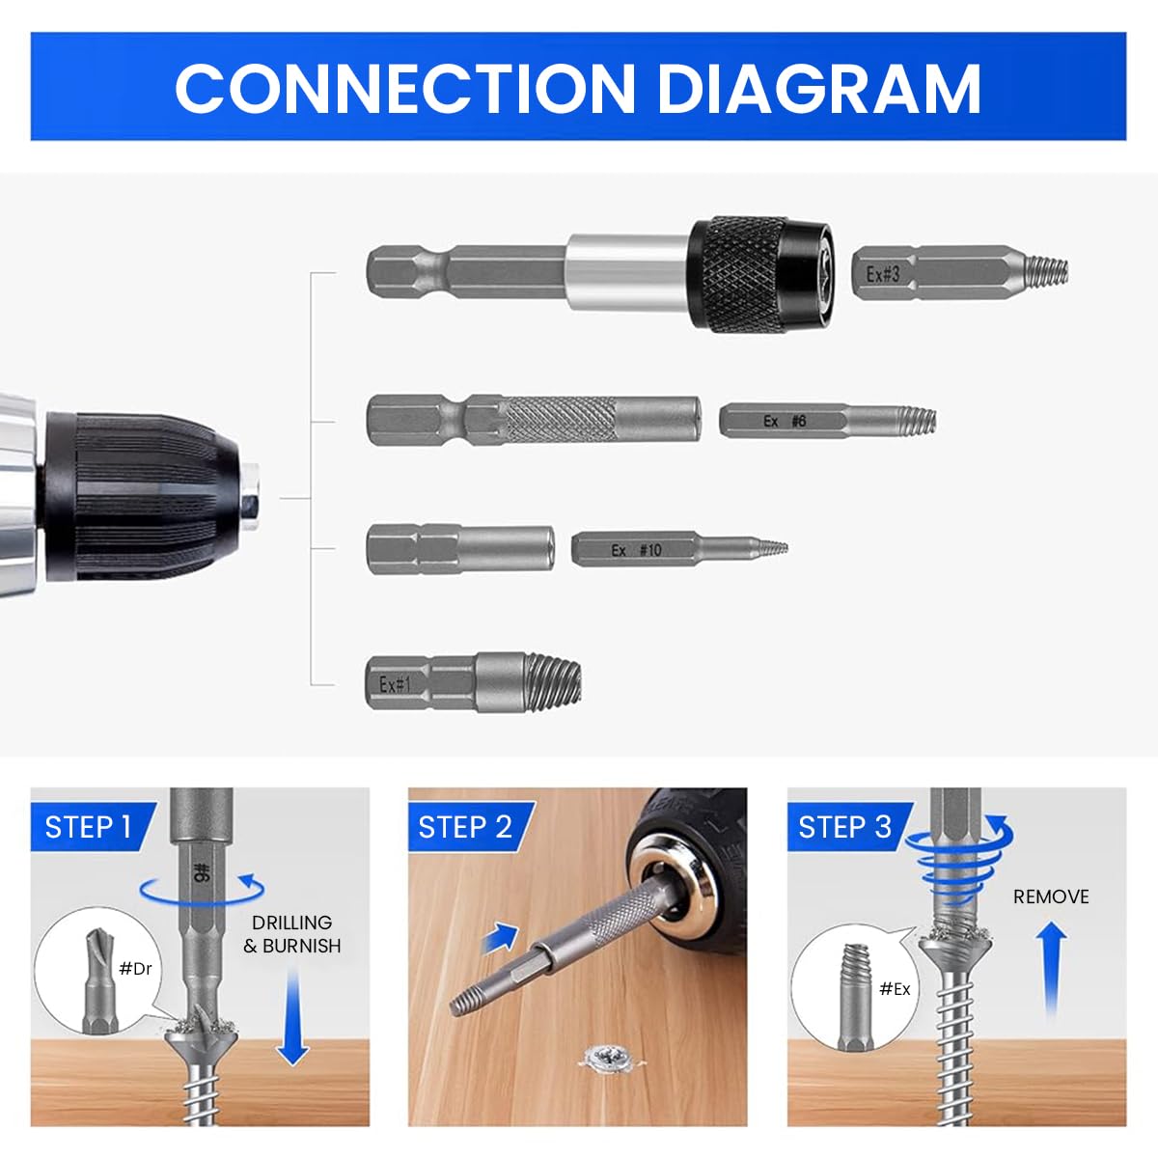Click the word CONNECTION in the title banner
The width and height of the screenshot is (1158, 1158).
tap(404, 88)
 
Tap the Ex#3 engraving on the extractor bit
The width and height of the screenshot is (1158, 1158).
tap(882, 274)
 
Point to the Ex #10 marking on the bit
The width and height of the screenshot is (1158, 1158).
tap(636, 550)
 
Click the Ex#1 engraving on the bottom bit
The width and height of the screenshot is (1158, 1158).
tap(395, 684)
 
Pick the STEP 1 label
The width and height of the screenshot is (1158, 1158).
tap(88, 827)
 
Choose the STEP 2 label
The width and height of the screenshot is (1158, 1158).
tap(464, 827)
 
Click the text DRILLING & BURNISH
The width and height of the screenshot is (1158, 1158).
tap(291, 934)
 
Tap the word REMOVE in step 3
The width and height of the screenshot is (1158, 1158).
tap(1050, 896)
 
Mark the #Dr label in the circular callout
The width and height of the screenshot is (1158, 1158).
tap(135, 968)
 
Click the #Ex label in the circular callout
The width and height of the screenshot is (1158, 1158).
tap(895, 988)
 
